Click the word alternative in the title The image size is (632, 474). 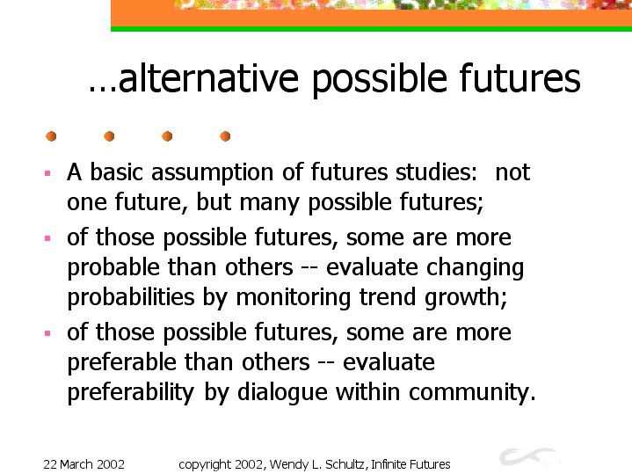[x=209, y=78]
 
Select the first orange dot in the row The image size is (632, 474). [x=51, y=136]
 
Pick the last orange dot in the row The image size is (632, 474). [x=225, y=136]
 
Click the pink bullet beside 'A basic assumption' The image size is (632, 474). [x=47, y=173]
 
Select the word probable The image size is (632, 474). [x=113, y=267]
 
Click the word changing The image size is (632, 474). [x=476, y=268]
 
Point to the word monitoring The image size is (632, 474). [x=293, y=298]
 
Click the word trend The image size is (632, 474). [x=388, y=297]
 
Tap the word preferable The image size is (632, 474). [x=121, y=362]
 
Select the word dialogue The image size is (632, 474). [x=282, y=392]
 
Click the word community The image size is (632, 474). [x=472, y=392]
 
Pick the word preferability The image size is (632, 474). [x=131, y=392]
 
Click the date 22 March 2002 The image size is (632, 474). [x=84, y=464]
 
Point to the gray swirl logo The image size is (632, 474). [x=528, y=456]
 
